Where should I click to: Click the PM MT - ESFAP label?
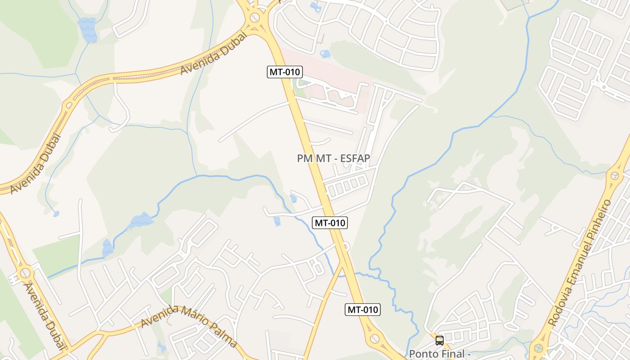pos(333,158)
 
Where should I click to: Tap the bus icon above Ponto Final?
pos(440,341)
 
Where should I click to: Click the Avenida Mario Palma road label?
pos(189,326)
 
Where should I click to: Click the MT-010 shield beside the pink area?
pos(284,72)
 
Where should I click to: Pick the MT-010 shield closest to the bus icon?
pos(363,310)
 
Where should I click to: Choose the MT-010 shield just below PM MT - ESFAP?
pos(330,222)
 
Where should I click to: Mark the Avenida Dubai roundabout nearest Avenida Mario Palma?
pos(25,273)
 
